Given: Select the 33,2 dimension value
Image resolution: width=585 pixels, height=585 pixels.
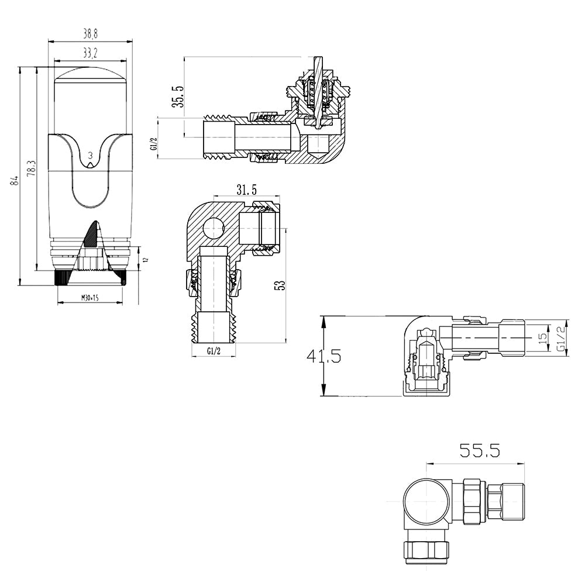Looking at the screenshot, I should pyautogui.click(x=90, y=53).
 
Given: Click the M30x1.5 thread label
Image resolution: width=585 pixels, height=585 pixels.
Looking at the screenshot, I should pyautogui.click(x=90, y=298).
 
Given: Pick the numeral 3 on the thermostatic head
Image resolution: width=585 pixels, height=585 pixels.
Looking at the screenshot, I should pyautogui.click(x=90, y=155).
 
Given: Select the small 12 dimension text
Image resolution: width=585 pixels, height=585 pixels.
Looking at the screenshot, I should pyautogui.click(x=146, y=259).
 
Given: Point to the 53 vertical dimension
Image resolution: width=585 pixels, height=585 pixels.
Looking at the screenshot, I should pyautogui.click(x=280, y=285).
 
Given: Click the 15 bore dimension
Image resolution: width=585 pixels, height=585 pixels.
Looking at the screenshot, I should pyautogui.click(x=542, y=338).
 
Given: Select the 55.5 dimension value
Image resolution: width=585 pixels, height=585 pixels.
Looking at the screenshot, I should pyautogui.click(x=479, y=450).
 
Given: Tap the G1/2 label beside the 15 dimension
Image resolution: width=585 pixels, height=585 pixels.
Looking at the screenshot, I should pyautogui.click(x=560, y=338).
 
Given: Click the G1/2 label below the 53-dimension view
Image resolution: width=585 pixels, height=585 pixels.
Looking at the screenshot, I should pyautogui.click(x=214, y=351).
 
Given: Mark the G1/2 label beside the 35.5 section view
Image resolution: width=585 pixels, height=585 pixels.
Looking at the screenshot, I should pyautogui.click(x=153, y=144).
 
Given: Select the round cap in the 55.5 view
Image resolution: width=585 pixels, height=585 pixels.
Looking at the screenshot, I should pyautogui.click(x=425, y=501).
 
